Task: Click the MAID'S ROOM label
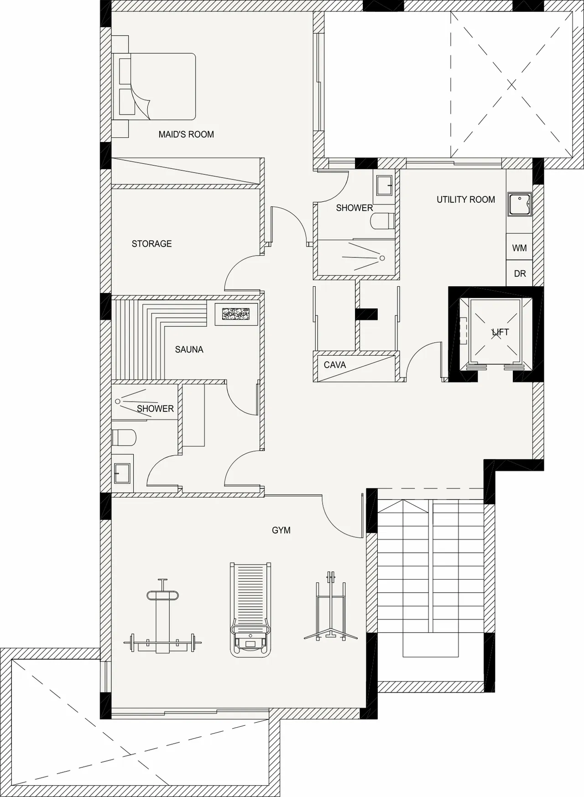[x=186, y=134]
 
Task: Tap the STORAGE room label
[x=151, y=244]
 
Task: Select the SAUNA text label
[x=189, y=350]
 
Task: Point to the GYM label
[x=281, y=530]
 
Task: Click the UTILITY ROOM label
[x=466, y=199]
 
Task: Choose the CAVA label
[x=335, y=365]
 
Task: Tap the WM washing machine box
[x=519, y=248]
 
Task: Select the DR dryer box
[x=519, y=273]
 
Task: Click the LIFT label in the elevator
[x=501, y=332]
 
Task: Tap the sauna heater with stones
[x=236, y=314]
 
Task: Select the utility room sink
[x=520, y=204]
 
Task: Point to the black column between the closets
[x=366, y=314]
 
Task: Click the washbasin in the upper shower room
[x=384, y=185]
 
